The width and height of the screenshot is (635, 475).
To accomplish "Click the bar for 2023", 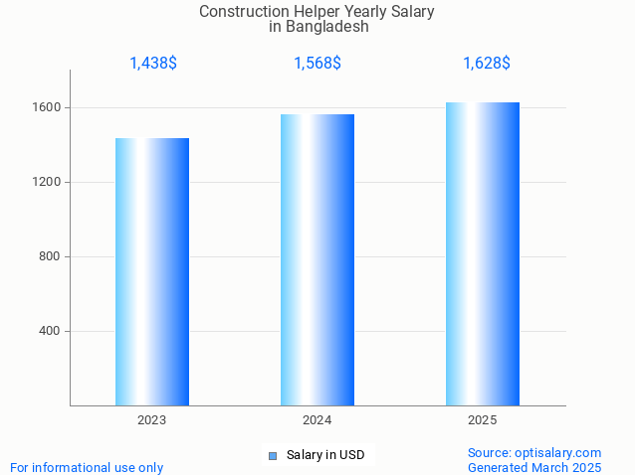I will [x=152, y=271].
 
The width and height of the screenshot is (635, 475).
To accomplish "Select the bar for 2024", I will [x=317, y=259].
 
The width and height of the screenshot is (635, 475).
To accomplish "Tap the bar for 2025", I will [x=483, y=253].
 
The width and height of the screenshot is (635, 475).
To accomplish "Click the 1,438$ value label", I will [x=153, y=63].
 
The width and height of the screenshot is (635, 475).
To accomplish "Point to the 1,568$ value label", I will [x=317, y=63].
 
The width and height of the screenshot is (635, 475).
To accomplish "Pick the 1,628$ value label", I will [x=487, y=63].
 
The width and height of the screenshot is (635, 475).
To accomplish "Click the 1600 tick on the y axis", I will [x=50, y=107].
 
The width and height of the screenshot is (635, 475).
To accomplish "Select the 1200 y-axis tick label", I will [x=50, y=182].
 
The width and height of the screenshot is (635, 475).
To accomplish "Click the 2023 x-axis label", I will [x=152, y=420].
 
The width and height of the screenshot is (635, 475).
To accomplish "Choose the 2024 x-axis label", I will [x=317, y=420].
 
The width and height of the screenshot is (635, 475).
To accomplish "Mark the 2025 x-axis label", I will [x=483, y=420].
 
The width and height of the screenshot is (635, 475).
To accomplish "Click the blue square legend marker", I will [x=273, y=455].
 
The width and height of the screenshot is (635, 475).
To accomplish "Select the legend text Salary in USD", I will [x=324, y=455].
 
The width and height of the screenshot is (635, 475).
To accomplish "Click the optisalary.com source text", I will [x=534, y=452].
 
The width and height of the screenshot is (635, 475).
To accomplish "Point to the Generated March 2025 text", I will [x=534, y=467].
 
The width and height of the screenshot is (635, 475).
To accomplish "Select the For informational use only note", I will [x=87, y=467].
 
